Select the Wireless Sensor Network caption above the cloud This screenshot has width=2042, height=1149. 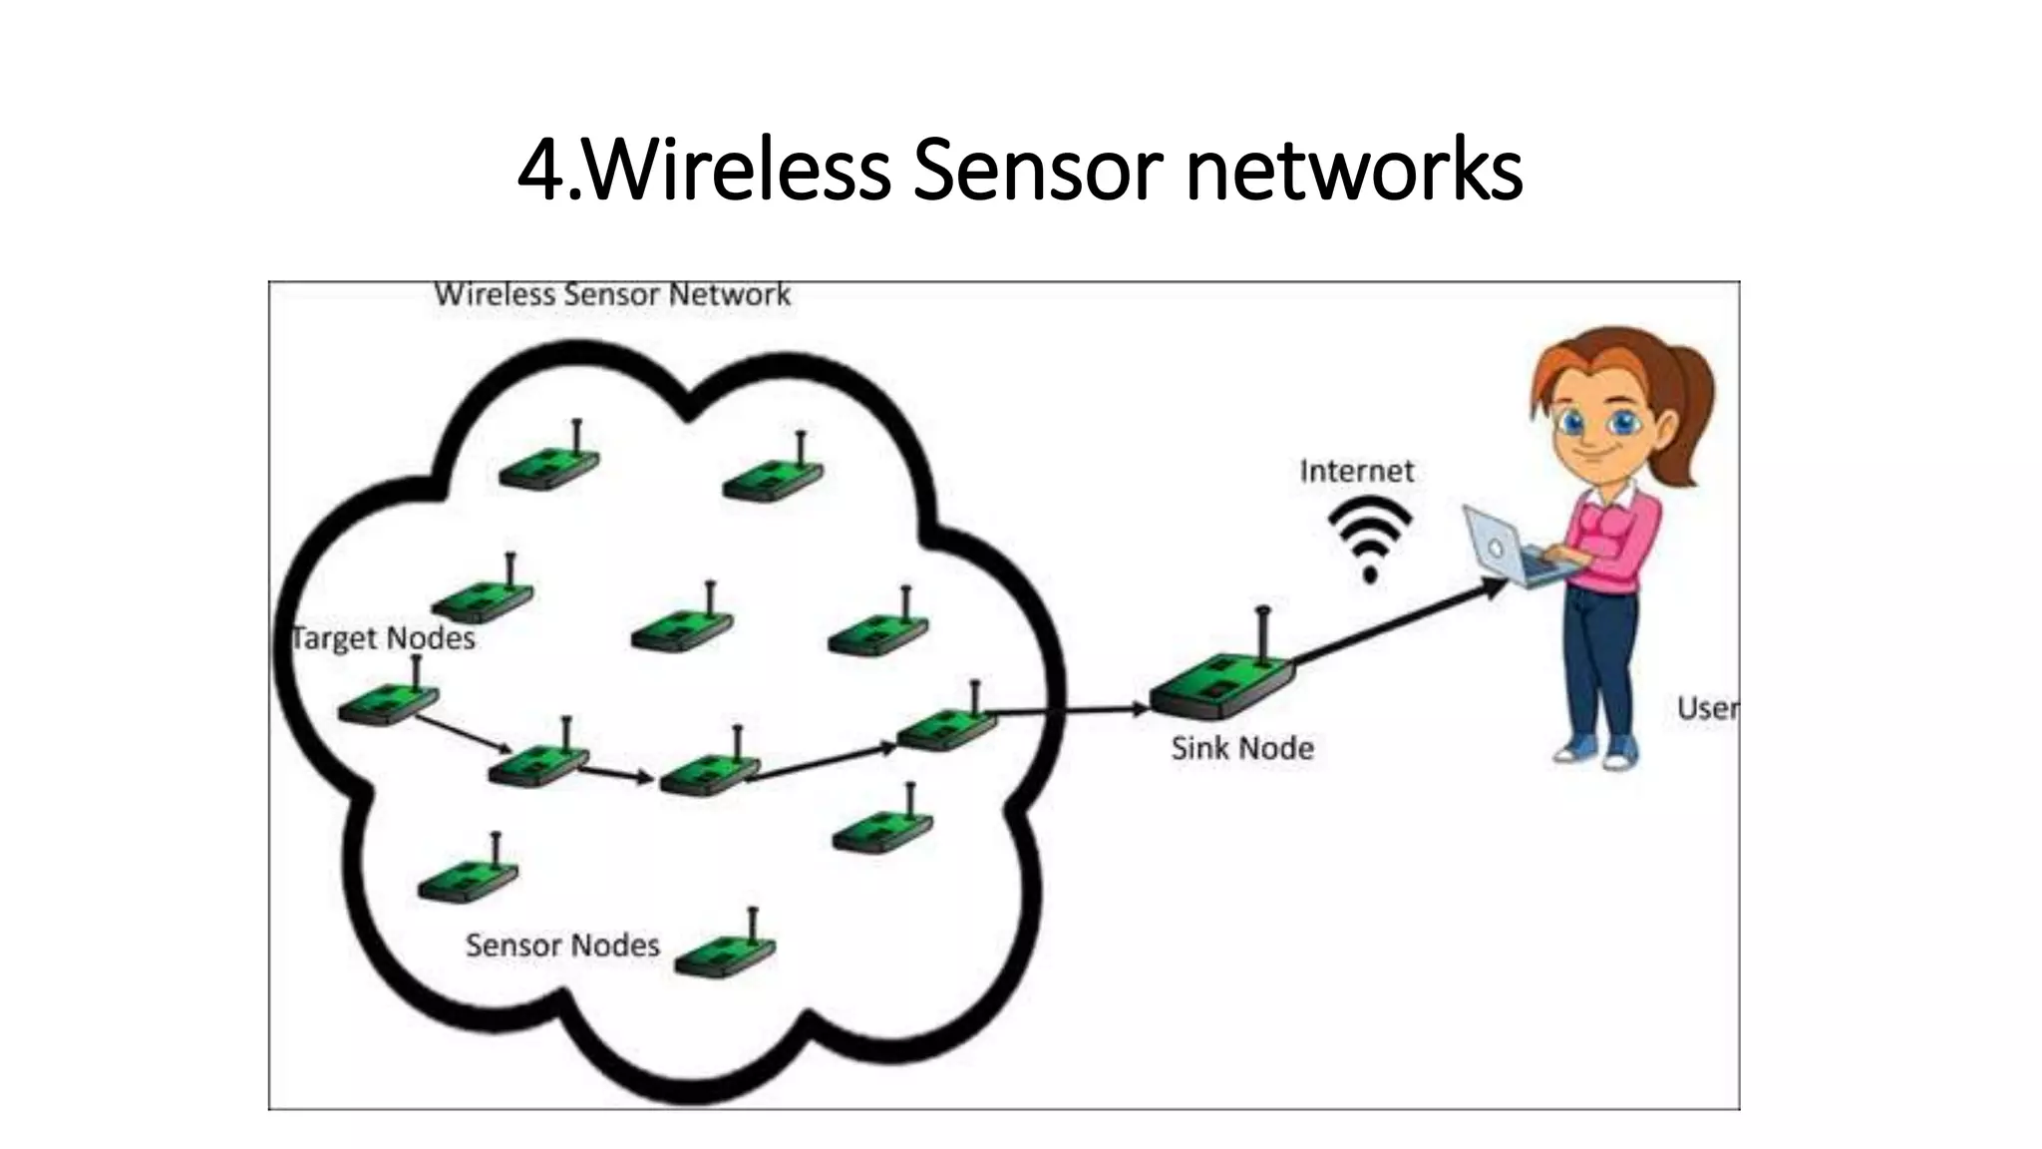[612, 295]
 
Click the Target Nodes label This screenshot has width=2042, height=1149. [384, 638]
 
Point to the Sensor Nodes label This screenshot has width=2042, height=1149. [562, 946]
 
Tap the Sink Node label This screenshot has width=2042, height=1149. [1241, 748]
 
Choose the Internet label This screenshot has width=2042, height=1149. [1356, 471]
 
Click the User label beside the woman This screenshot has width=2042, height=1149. [1707, 708]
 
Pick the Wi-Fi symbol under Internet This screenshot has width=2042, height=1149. [1370, 539]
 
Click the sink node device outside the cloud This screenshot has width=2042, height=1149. [1221, 688]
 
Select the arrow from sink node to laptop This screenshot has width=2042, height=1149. [1396, 623]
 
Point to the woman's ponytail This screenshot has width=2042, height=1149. [1690, 399]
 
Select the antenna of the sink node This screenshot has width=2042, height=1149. [1263, 633]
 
